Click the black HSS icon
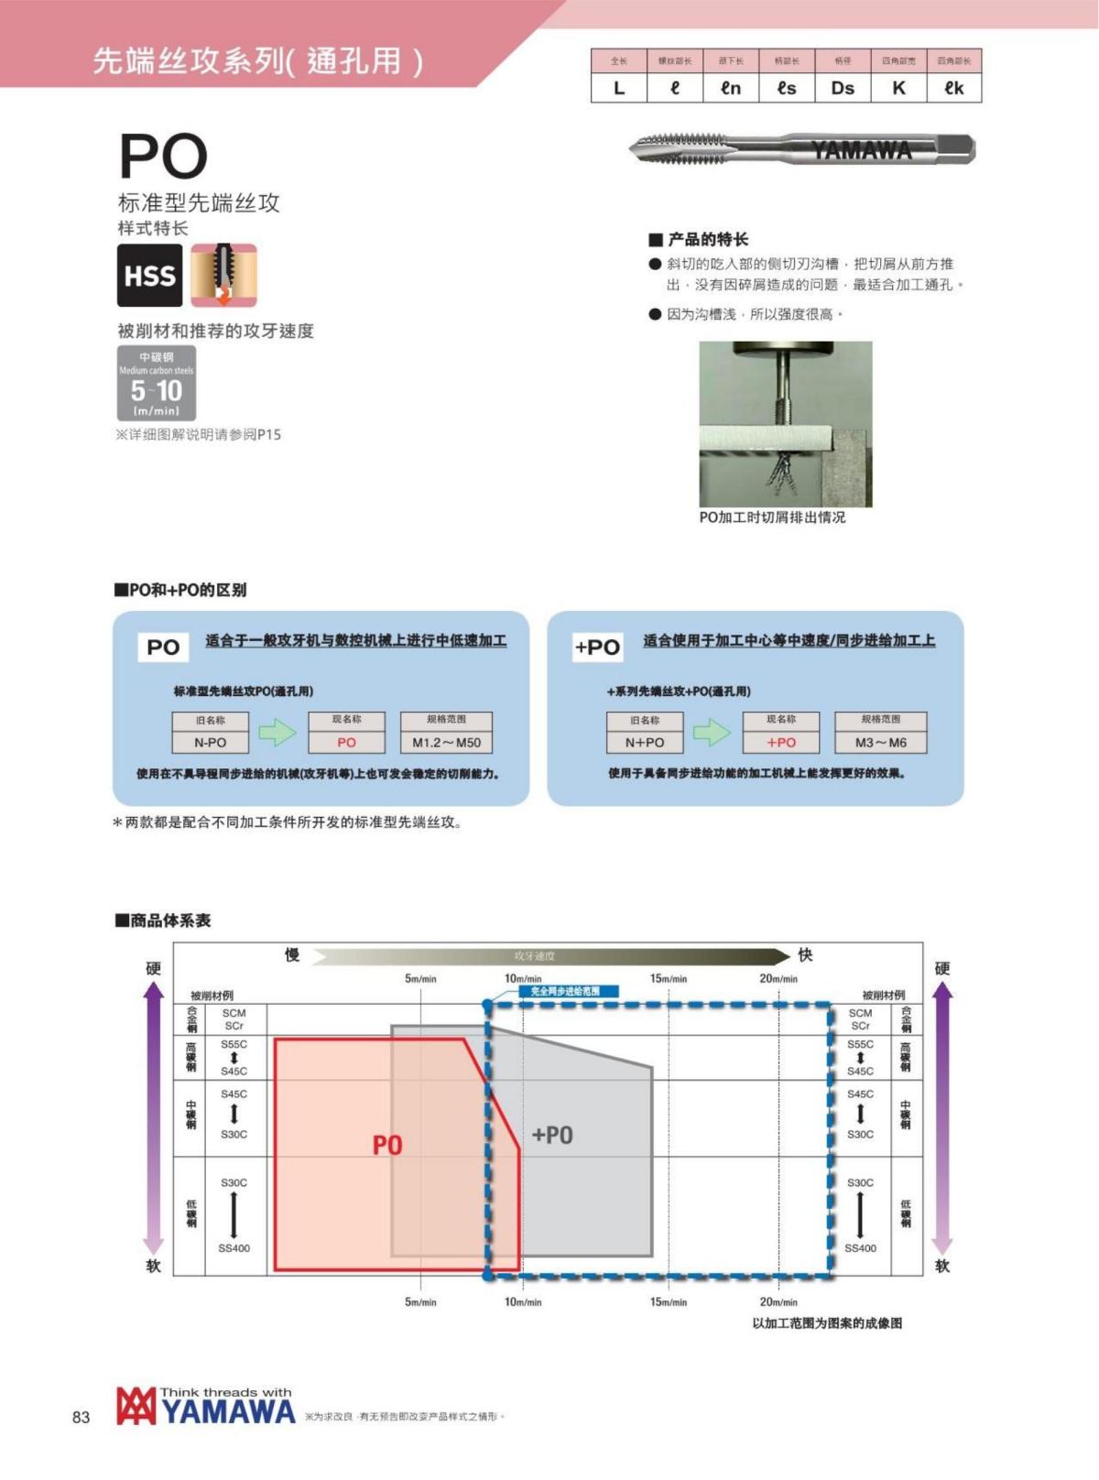[149, 276]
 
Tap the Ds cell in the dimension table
[843, 88]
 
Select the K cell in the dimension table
[898, 88]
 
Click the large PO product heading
[163, 157]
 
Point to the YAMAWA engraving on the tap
[861, 150]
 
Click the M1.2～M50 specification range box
[446, 742]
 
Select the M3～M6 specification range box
[880, 742]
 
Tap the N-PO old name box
[210, 742]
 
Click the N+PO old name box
[644, 742]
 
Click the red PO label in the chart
[387, 1145]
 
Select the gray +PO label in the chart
[552, 1135]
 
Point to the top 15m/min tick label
[669, 979]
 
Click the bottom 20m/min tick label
[778, 1301]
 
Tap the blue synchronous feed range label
[565, 991]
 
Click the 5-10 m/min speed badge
[157, 384]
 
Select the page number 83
[82, 1417]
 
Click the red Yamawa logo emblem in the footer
[136, 1407]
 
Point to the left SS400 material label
[234, 1248]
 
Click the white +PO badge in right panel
[597, 647]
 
